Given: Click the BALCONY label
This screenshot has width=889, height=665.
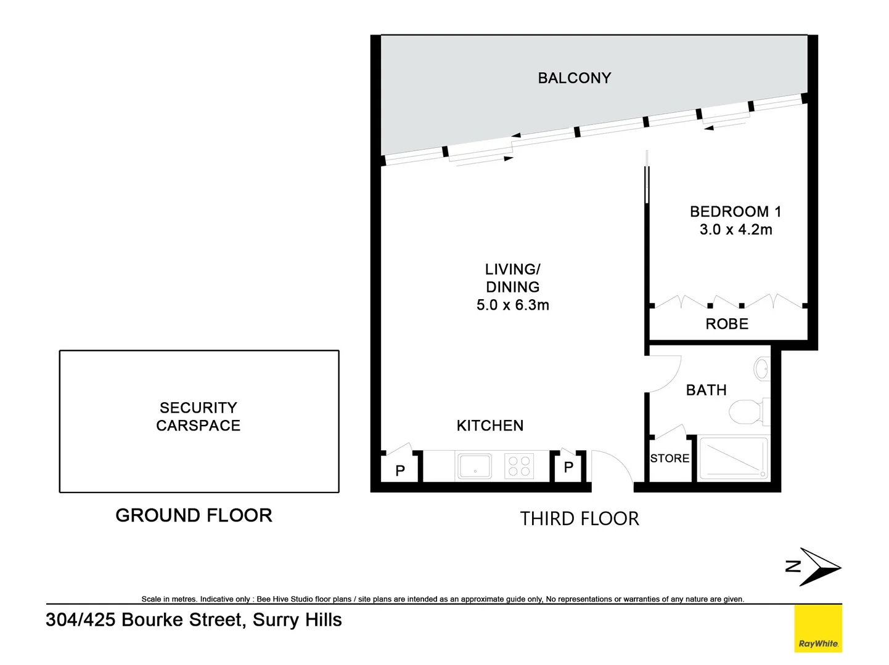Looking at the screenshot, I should point(574,78).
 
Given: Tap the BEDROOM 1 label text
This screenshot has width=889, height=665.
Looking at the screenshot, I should point(735,212).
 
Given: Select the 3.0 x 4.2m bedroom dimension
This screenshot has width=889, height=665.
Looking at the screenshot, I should point(735,230).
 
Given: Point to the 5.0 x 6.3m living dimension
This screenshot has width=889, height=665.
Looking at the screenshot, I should point(512,305).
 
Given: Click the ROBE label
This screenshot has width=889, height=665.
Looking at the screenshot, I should point(727,324).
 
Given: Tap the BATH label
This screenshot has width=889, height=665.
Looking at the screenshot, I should point(706,390).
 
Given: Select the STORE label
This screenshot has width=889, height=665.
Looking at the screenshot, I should point(670,459).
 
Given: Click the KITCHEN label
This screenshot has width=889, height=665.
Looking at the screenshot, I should point(490,425).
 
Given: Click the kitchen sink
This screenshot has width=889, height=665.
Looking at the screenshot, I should point(474,466).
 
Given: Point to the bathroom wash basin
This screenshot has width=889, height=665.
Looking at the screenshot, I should point(762,369).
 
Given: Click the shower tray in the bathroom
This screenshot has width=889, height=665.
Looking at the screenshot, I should point(734,459).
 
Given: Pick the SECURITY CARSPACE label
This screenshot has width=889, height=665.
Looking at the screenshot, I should point(198,416).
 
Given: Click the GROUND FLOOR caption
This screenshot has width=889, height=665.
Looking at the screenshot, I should point(194,515).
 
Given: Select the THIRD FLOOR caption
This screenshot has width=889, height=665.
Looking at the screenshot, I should point(579,518).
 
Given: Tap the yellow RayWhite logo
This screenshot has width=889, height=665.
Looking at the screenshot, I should point(817,628).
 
